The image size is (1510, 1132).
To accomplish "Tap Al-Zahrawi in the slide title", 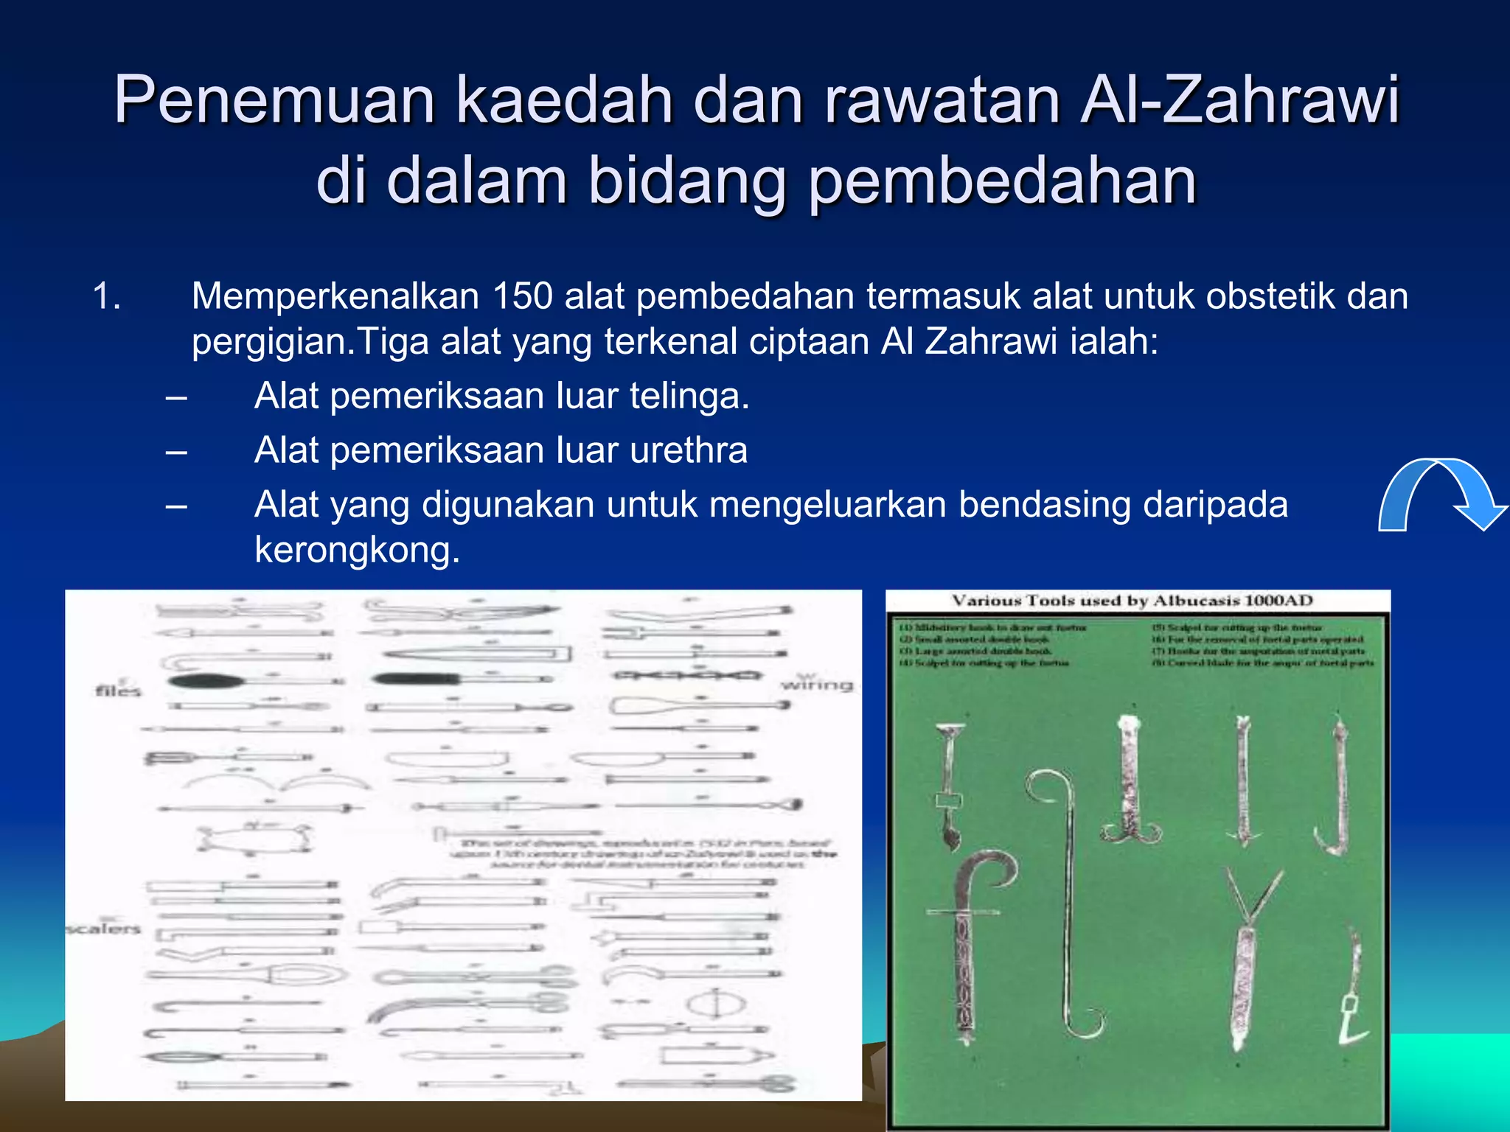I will coord(1239,101).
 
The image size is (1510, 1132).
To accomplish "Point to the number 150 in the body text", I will coord(522,296).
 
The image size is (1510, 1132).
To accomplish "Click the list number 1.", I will coord(106,296).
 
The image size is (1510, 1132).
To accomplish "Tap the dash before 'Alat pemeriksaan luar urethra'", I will coord(176,451).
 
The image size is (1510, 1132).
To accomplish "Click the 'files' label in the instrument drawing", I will coord(118,691).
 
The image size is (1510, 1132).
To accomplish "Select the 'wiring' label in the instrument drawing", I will coord(816,685).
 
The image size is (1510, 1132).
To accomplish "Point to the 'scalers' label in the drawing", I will coord(104,928).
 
